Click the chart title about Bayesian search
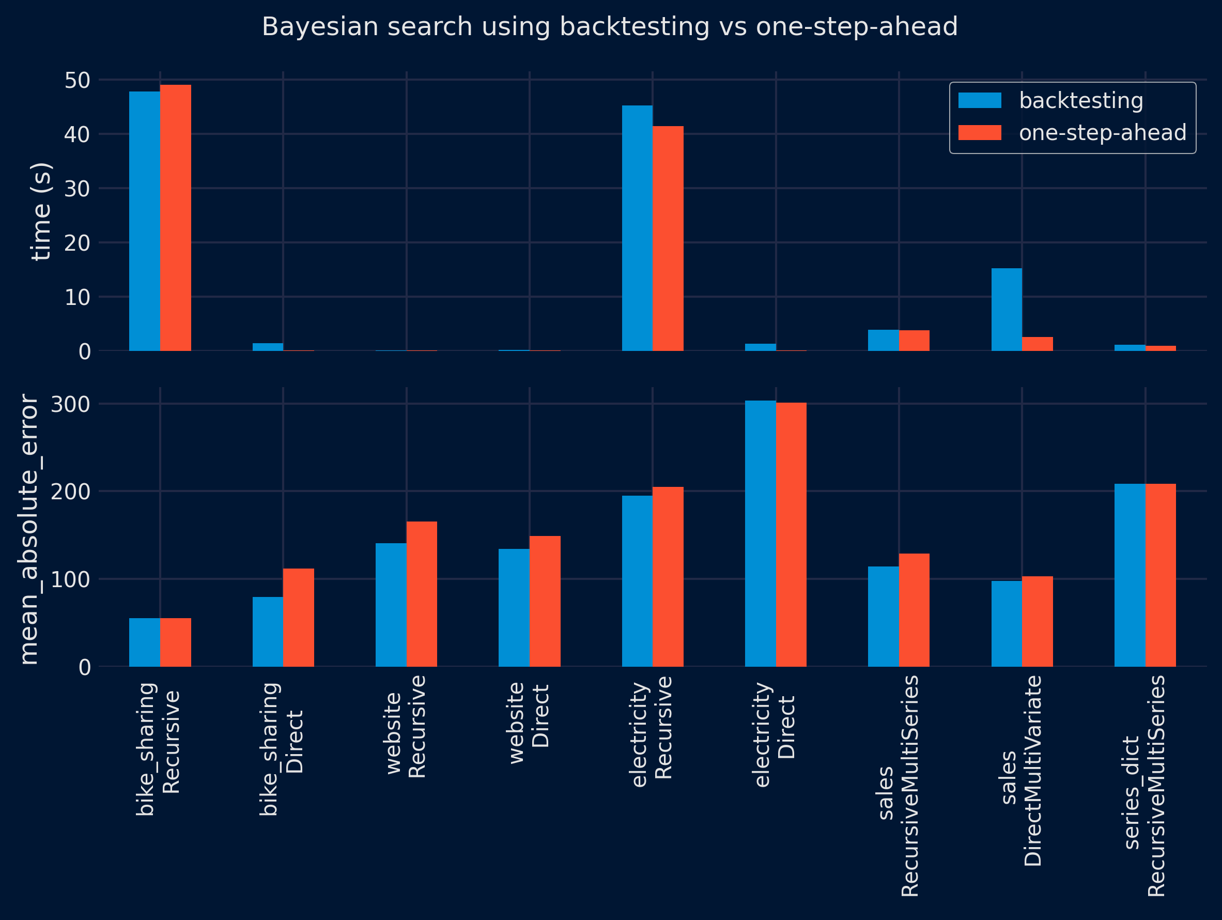tap(609, 26)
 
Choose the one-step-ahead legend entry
tap(1072, 133)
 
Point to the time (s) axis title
tap(41, 211)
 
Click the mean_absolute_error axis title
tap(29, 529)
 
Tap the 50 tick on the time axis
tap(77, 80)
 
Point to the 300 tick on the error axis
tap(70, 404)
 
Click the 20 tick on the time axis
tap(77, 242)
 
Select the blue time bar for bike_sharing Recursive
tap(145, 221)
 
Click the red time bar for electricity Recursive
tap(668, 239)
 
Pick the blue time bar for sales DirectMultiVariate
tap(1007, 310)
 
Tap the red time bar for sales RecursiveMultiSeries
tap(914, 341)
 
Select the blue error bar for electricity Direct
tap(760, 533)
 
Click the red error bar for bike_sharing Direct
tap(299, 617)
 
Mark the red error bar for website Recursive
tap(422, 594)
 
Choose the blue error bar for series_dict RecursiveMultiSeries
tap(1130, 575)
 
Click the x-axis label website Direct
tap(529, 723)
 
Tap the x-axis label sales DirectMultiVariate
tap(1022, 771)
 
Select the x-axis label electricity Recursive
tap(652, 731)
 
